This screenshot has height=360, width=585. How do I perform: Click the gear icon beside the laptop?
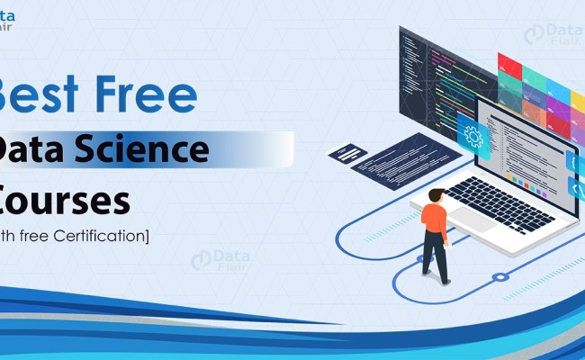pos(472,136)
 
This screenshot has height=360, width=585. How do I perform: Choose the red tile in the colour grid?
pos(509,64)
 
